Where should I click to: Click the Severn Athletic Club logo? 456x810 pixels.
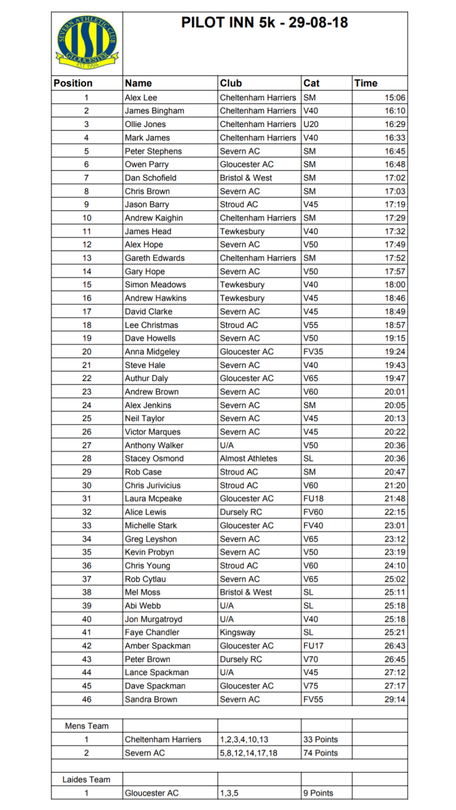[87, 43]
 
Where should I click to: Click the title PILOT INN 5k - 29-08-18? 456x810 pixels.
[265, 23]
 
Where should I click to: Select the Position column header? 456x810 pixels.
[73, 83]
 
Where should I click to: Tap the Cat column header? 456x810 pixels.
[312, 83]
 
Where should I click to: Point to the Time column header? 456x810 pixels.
[366, 83]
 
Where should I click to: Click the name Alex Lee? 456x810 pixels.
[141, 97]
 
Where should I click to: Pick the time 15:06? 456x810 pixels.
[395, 97]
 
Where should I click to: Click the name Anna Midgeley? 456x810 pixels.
[152, 352]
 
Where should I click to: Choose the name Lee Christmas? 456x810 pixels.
[151, 325]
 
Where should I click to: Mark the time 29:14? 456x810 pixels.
[395, 699]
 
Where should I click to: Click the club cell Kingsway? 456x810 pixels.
[237, 632]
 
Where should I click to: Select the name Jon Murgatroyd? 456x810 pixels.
[154, 619]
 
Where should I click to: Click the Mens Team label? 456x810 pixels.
[87, 726]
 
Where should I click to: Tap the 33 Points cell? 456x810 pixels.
[320, 739]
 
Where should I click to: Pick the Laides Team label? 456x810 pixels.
[87, 780]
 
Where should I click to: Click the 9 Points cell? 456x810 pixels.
[318, 793]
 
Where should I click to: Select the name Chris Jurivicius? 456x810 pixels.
[156, 486]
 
